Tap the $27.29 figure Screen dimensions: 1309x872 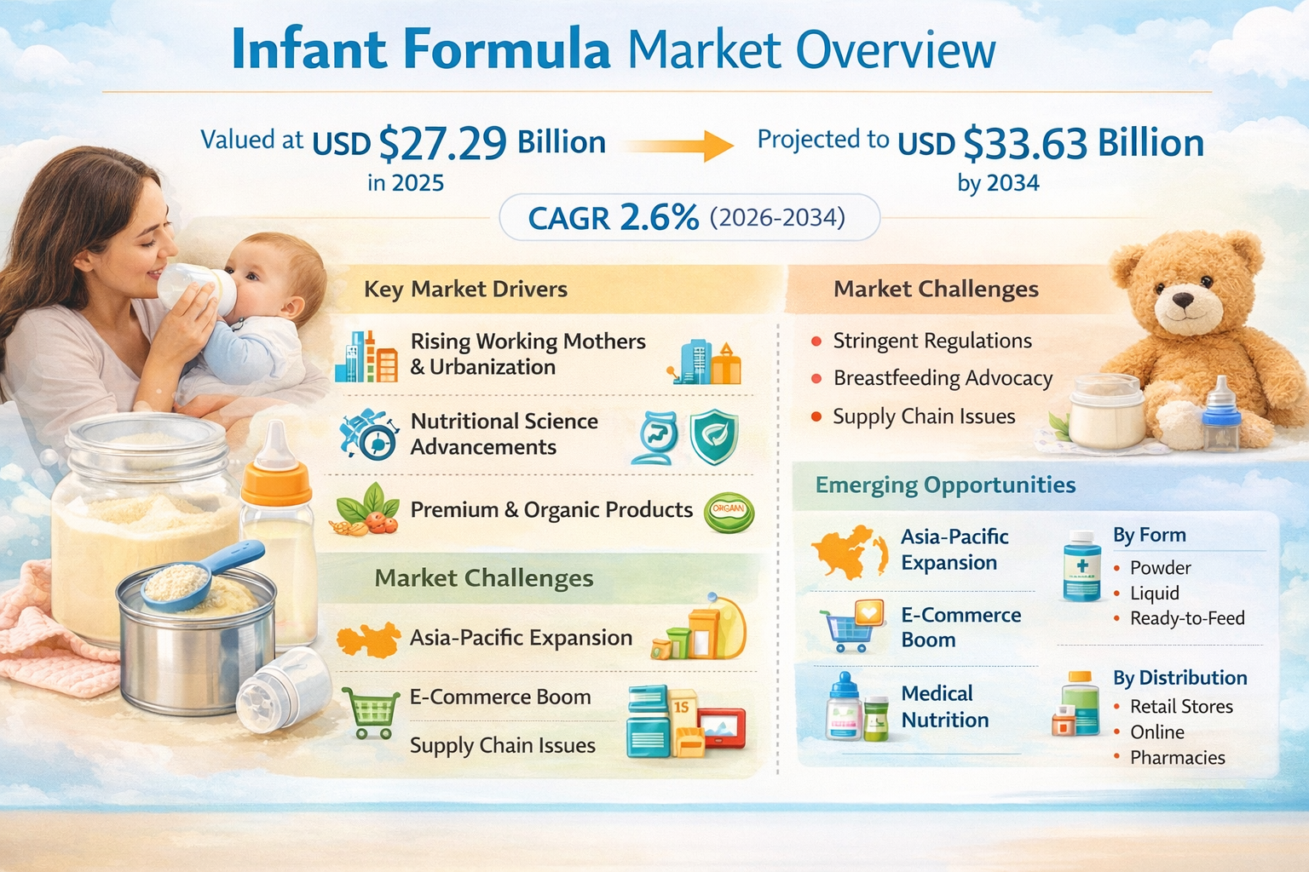[442, 143]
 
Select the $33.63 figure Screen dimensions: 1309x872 [1025, 143]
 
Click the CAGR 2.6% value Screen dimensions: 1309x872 [614, 218]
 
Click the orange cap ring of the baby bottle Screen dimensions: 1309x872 [276, 485]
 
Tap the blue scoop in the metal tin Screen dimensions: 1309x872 [202, 575]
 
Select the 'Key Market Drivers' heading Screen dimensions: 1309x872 [466, 290]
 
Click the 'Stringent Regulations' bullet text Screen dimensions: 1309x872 [932, 341]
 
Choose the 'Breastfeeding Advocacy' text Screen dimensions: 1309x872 [943, 378]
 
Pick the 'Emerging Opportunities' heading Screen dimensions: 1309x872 [945, 485]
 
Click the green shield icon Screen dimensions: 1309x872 [713, 437]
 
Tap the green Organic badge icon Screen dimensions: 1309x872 [729, 513]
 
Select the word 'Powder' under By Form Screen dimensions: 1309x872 [1161, 568]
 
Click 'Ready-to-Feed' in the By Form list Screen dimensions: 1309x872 [1187, 618]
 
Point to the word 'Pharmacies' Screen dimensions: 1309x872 [1178, 758]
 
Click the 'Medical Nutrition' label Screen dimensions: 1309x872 [945, 707]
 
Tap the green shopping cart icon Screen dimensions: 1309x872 [371, 713]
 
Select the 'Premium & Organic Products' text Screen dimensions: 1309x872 [551, 510]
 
